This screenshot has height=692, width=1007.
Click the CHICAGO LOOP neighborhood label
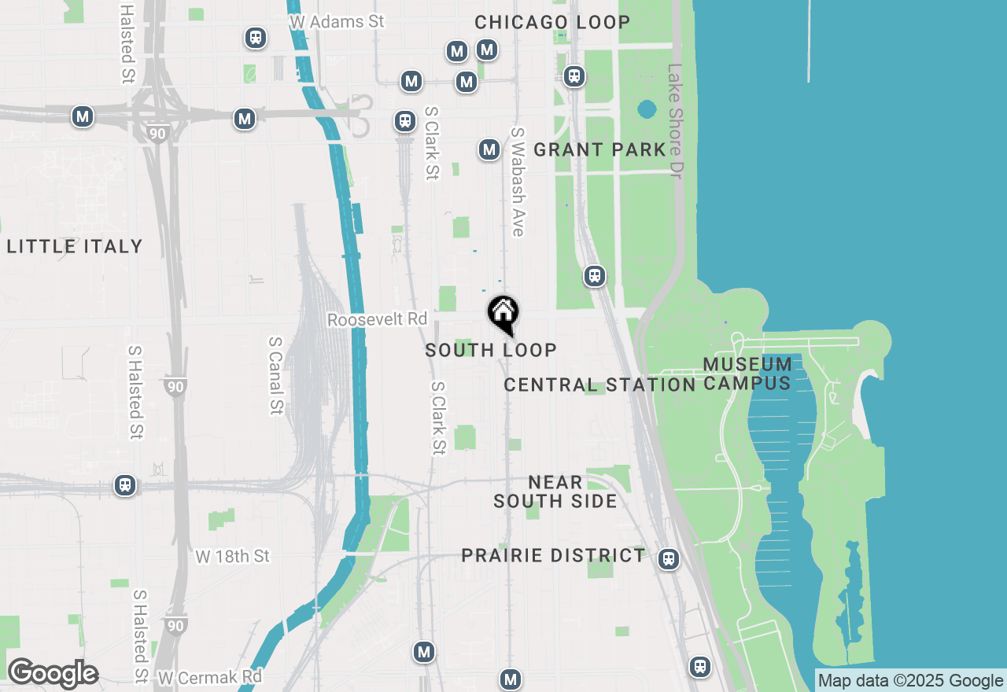[552, 22]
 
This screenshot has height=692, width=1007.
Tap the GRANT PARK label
[599, 149]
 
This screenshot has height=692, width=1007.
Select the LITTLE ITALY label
[75, 247]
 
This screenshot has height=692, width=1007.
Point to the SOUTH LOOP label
[491, 350]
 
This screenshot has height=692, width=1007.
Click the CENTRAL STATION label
[599, 385]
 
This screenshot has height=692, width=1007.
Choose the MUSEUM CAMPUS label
[747, 374]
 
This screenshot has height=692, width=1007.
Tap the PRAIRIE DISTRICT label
[553, 555]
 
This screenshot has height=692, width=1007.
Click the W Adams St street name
[337, 22]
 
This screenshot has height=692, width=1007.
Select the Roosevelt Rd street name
[377, 320]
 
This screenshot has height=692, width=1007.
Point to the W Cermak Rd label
[209, 677]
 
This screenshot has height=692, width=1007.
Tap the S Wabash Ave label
[517, 182]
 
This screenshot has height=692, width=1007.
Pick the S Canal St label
[275, 375]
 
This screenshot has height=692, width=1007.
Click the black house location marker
[503, 313]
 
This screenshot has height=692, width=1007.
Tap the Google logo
[53, 674]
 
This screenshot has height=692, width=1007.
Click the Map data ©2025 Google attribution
[910, 681]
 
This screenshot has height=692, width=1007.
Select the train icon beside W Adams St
[255, 38]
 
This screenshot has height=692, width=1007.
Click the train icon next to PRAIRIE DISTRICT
[669, 559]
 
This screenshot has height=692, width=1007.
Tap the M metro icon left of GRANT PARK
[489, 149]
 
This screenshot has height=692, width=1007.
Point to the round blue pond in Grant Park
[647, 109]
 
